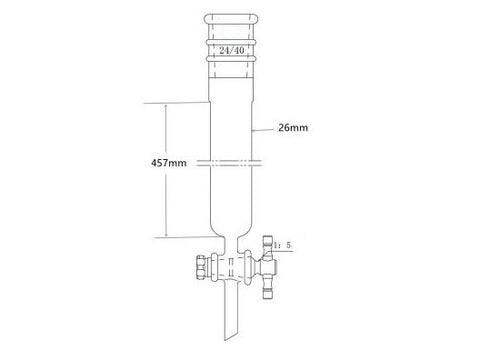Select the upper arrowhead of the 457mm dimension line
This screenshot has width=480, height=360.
pyautogui.click(x=166, y=103)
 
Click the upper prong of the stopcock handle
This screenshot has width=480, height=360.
pyautogui.click(x=272, y=244)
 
